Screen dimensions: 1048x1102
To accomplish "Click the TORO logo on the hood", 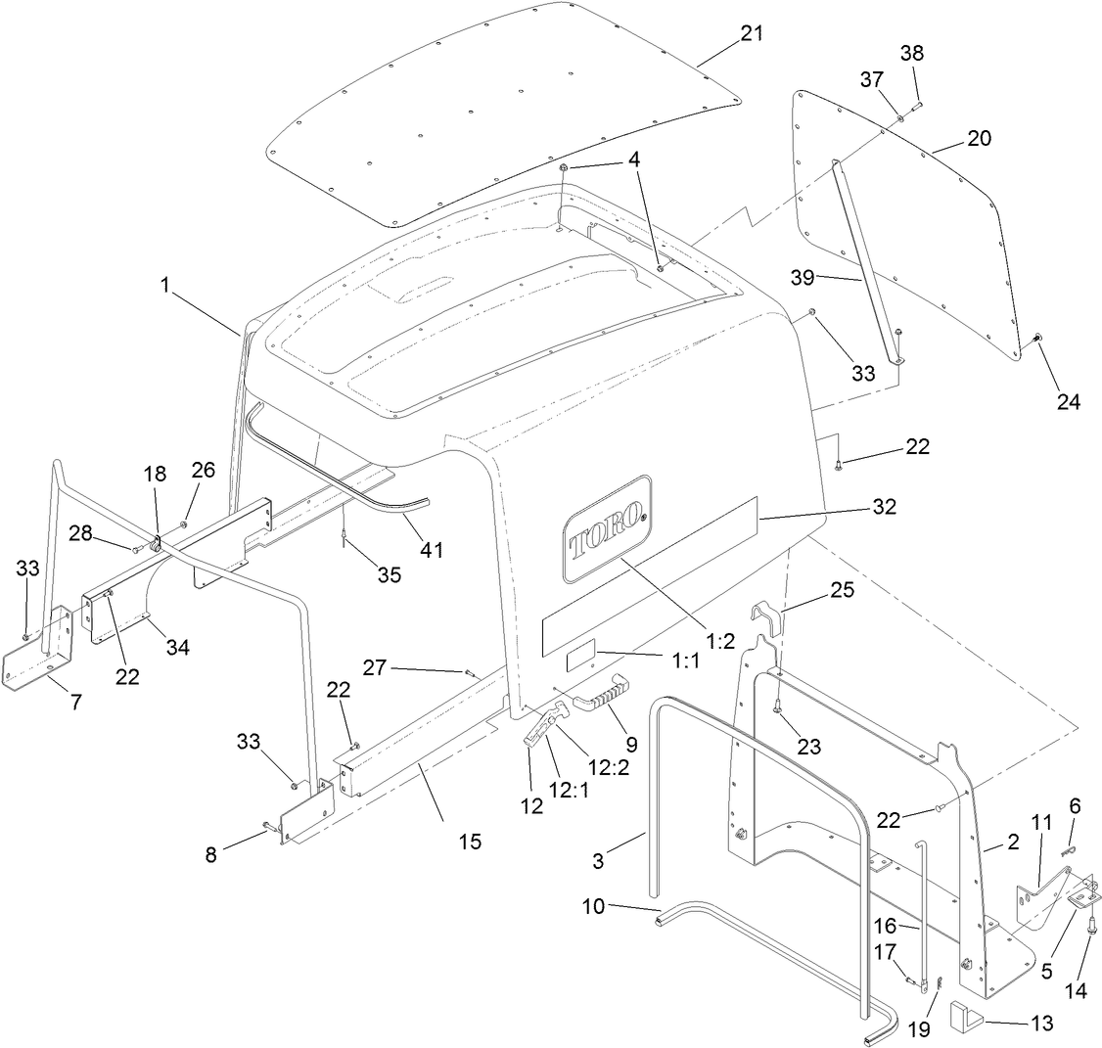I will point(607,529).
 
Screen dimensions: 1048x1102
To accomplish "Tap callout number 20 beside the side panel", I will point(979,138).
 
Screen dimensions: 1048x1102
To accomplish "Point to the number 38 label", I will point(911,54).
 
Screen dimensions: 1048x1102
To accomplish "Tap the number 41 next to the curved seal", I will point(431,550).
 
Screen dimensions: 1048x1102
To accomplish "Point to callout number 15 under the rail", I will point(470,841).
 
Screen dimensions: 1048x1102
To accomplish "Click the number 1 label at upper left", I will point(165,286).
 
